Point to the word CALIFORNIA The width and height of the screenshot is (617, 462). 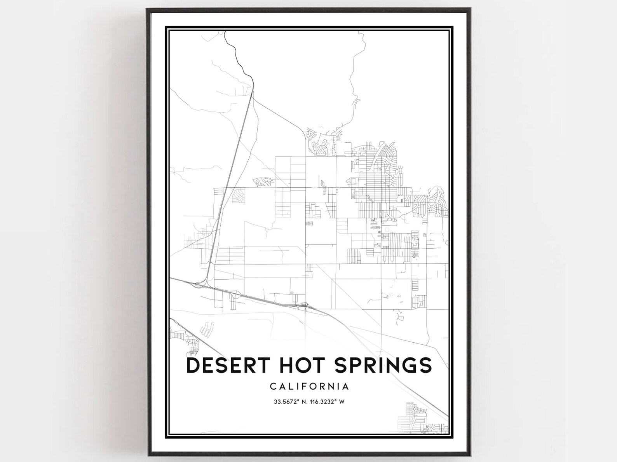[x=309, y=387]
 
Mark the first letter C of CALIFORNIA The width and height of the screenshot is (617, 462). [x=273, y=387]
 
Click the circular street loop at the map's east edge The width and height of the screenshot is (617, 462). [x=432, y=202]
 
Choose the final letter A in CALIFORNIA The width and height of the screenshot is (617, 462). [x=345, y=387]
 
